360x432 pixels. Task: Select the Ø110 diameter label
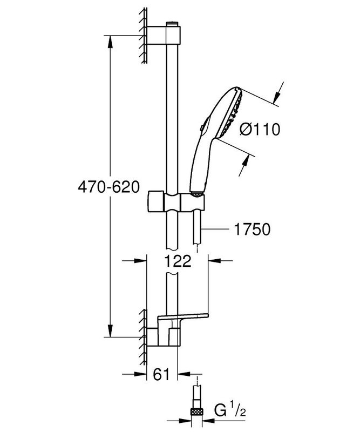pos(260,130)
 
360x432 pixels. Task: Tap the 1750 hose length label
pos(252,230)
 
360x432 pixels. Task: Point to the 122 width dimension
pos(178,261)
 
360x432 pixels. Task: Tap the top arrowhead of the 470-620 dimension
pos(111,40)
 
